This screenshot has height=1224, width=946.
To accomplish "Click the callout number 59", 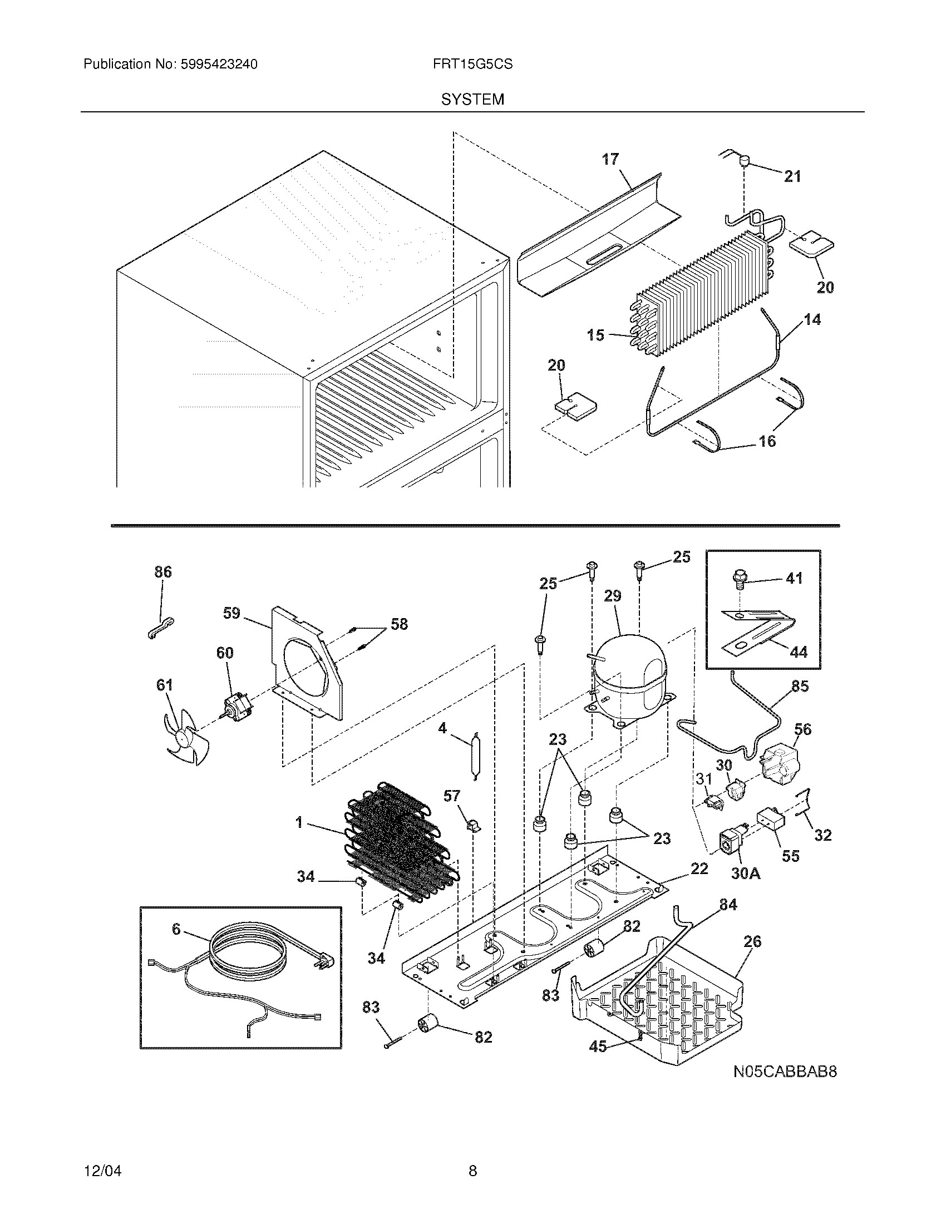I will click(231, 613).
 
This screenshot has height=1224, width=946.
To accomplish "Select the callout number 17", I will click(610, 159).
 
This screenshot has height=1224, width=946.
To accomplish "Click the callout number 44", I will click(799, 652).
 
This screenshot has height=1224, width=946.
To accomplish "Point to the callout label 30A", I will click(746, 873).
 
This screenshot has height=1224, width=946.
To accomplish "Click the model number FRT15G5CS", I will click(472, 65).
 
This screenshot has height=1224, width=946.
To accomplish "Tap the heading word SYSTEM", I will click(472, 100).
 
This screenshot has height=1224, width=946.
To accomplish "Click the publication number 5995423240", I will click(219, 65).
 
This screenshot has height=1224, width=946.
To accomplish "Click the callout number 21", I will click(792, 176).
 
